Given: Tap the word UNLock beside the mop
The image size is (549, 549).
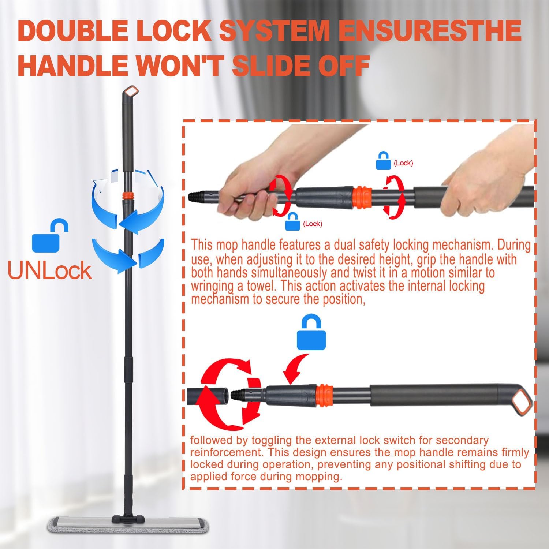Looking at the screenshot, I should (49, 271).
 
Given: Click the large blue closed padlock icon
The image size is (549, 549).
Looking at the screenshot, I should (311, 333).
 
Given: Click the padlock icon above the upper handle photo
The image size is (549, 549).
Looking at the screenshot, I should (383, 161).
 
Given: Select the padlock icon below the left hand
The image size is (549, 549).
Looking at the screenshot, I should (292, 221).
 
